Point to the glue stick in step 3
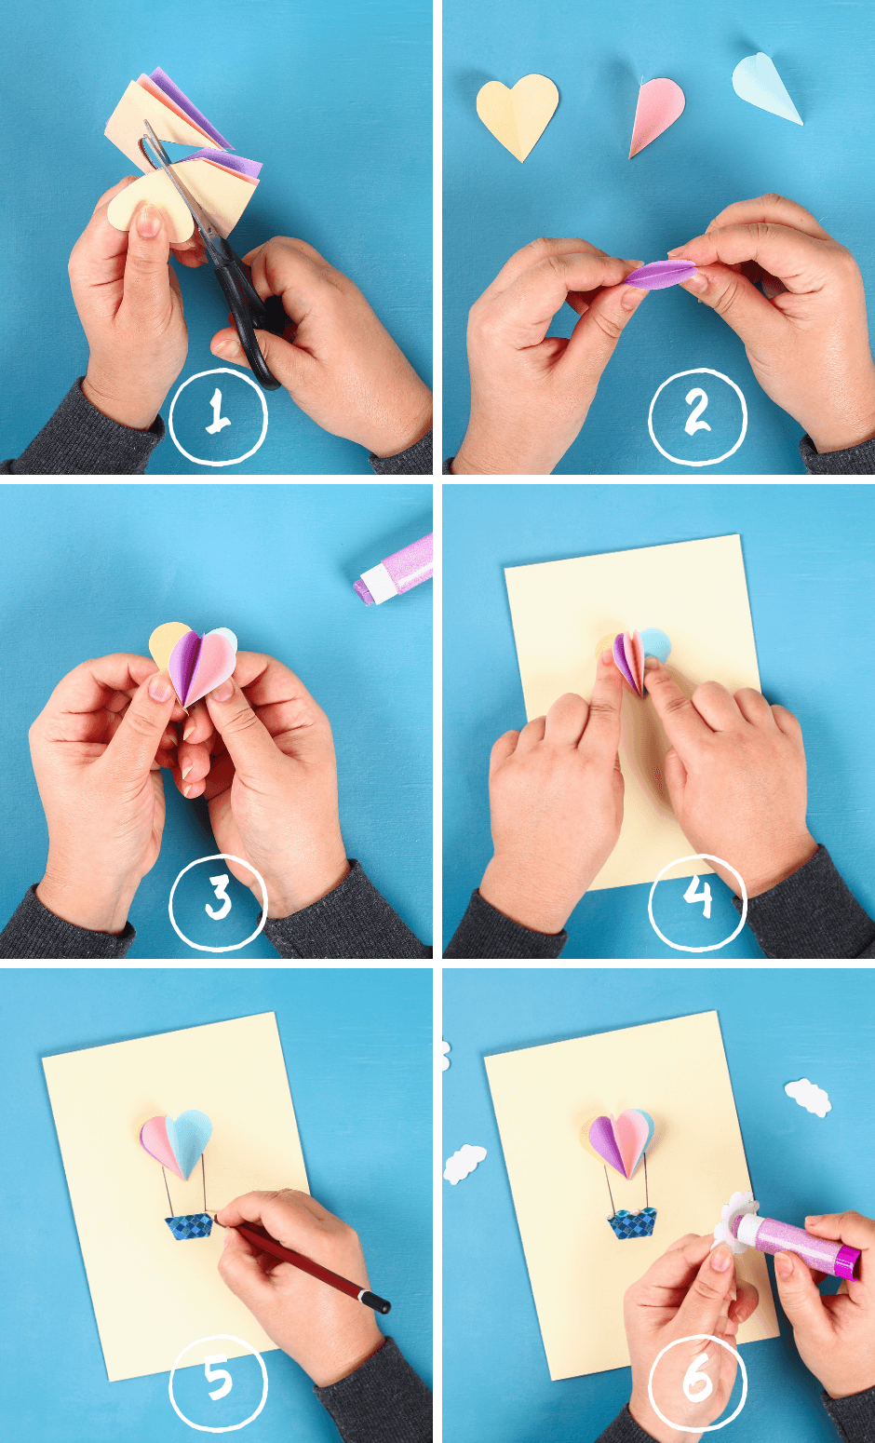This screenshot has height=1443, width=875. [396, 568]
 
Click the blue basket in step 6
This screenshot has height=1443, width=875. [632, 1222]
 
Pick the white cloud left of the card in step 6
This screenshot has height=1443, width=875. [464, 1164]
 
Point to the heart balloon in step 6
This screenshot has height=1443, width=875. [619, 1140]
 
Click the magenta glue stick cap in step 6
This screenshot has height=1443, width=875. [847, 1262]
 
